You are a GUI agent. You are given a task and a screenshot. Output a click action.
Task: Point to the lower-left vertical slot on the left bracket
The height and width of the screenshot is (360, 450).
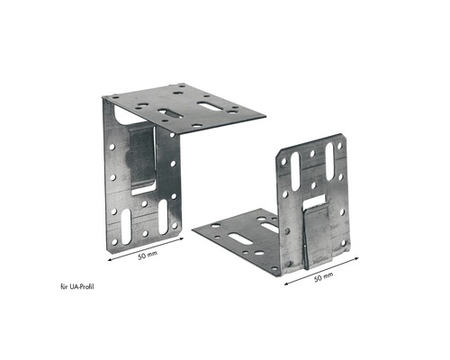point(119,219)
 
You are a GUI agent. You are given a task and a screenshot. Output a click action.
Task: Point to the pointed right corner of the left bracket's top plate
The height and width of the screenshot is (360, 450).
point(266,115)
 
